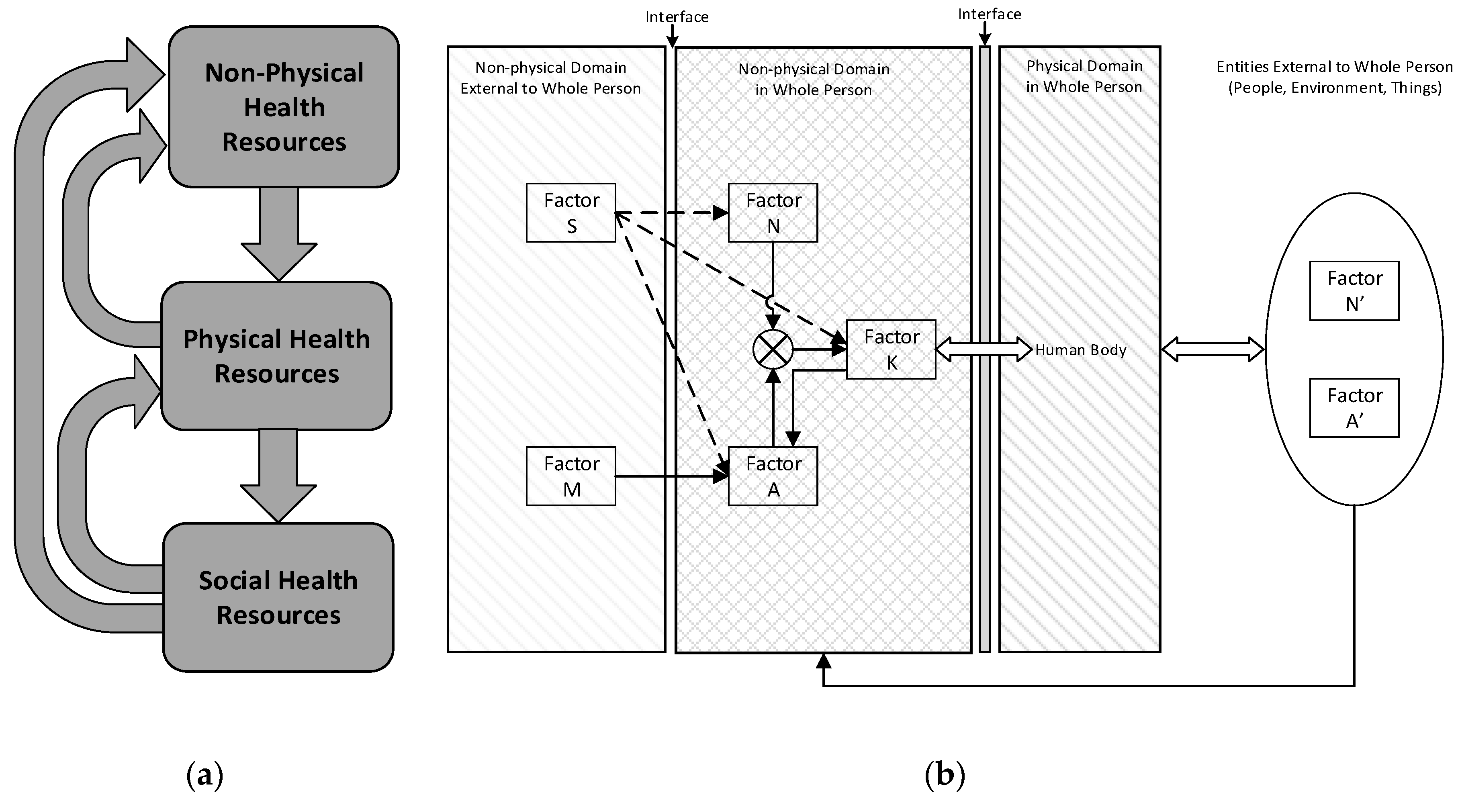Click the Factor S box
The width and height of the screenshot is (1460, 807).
(571, 212)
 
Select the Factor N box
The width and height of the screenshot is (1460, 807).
(773, 212)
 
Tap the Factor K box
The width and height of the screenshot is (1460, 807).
(891, 349)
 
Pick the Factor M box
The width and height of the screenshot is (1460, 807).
(571, 476)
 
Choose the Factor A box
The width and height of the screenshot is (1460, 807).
(773, 476)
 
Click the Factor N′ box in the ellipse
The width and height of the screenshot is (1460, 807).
(1354, 291)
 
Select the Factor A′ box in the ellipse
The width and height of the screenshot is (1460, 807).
(1354, 408)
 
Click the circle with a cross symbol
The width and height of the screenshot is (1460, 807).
(773, 349)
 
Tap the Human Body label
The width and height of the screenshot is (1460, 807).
(1080, 350)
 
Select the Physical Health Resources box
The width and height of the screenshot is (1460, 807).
(276, 356)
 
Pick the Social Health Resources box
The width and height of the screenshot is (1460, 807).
(278, 597)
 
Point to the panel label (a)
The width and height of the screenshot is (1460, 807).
(204, 775)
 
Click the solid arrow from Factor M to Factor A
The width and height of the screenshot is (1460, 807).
(672, 476)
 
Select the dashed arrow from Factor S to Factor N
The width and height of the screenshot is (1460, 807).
(672, 213)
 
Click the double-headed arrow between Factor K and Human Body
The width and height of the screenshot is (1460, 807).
(984, 349)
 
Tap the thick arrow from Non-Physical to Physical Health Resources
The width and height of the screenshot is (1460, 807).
(279, 233)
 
